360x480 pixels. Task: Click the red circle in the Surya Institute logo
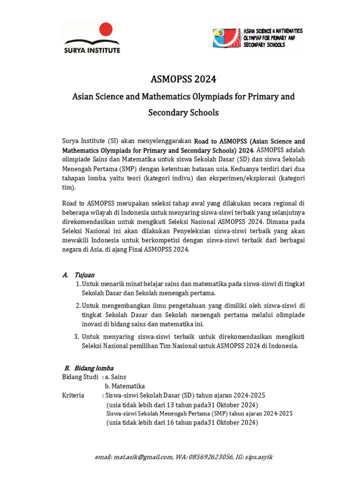tap(106, 29)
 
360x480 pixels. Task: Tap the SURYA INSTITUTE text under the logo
tap(92, 50)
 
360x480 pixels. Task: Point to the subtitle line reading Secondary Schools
tap(183, 112)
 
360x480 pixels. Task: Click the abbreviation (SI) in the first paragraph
tap(113, 141)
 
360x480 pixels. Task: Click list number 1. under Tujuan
tap(78, 284)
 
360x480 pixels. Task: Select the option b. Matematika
tap(125, 386)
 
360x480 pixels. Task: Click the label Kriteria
tap(73, 395)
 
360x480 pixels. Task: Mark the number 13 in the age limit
tap(169, 405)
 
